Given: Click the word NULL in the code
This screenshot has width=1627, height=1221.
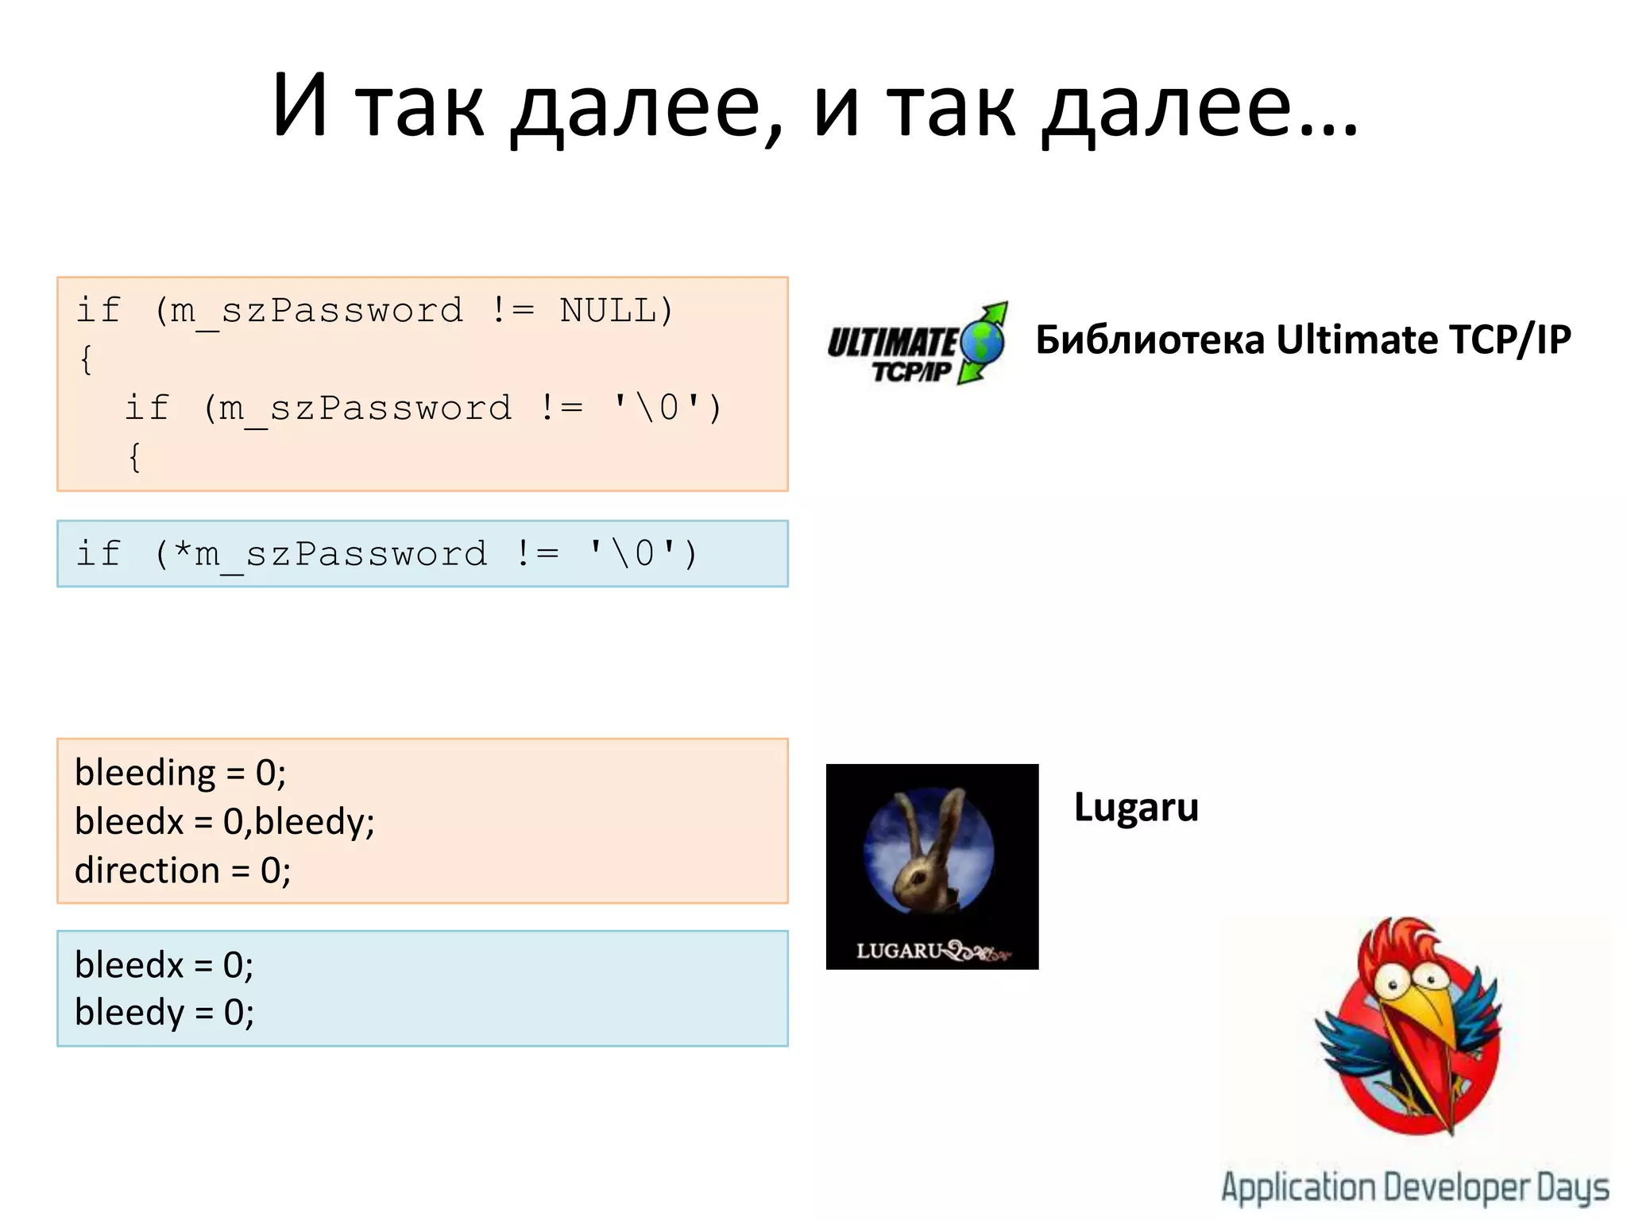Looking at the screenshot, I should click(x=608, y=310).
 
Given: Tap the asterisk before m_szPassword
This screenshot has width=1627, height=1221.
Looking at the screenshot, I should click(x=183, y=552).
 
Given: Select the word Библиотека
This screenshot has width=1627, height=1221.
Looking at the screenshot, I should click(x=1150, y=340).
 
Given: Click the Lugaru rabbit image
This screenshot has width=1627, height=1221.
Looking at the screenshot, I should click(x=932, y=855).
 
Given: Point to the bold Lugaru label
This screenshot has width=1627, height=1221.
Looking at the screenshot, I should click(x=1136, y=808).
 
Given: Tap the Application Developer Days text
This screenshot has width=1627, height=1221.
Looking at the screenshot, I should click(x=1415, y=1188).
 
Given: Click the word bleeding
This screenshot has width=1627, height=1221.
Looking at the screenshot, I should click(x=145, y=773).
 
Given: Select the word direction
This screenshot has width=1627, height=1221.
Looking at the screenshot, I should click(x=147, y=870).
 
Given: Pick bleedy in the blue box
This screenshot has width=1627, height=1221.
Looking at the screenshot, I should click(x=129, y=1013).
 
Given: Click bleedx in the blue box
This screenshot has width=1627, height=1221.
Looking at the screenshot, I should click(x=129, y=965).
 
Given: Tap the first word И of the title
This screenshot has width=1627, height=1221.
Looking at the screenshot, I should click(x=300, y=106).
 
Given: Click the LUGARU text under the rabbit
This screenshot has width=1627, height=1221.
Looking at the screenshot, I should click(x=899, y=951).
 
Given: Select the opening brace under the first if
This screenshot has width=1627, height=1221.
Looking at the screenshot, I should click(x=86, y=359).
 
